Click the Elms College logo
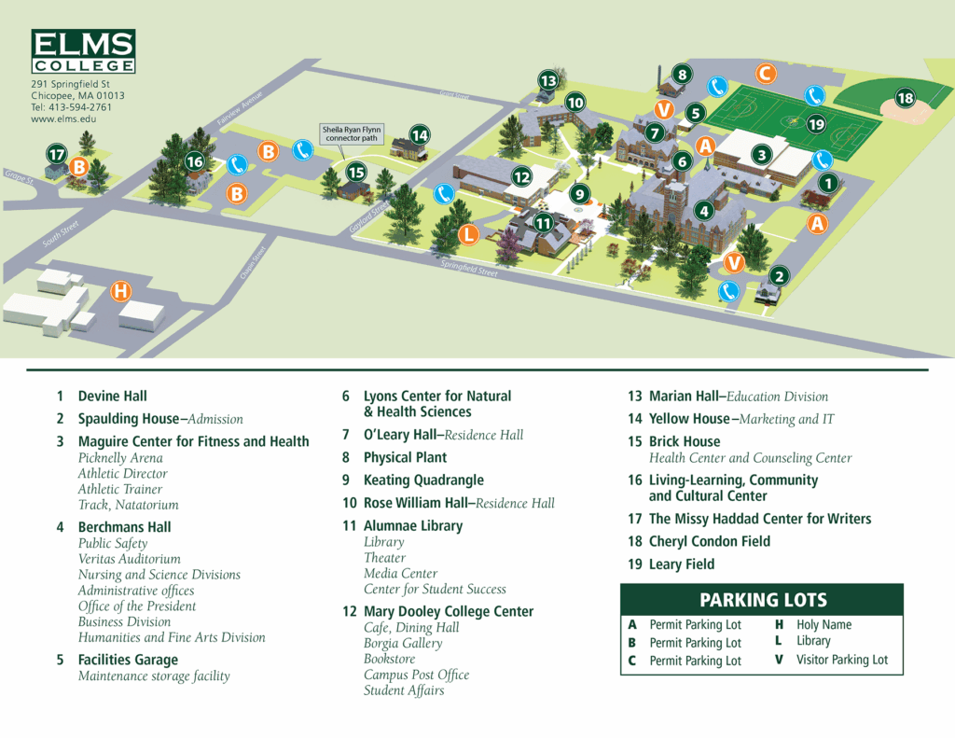tap(83, 51)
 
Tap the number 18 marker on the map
tap(905, 98)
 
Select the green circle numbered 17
tap(57, 154)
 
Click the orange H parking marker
tap(120, 291)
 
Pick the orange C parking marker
tap(765, 73)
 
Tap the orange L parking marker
tap(468, 234)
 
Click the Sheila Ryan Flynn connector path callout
tap(353, 133)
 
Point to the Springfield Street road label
tap(469, 269)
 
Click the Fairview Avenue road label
tap(241, 110)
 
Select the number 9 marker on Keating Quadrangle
tap(580, 194)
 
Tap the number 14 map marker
tap(420, 135)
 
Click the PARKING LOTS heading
tap(763, 600)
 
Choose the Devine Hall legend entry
tap(112, 397)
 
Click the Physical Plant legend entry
tap(405, 457)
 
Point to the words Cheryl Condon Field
tap(709, 541)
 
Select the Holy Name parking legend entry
tap(824, 625)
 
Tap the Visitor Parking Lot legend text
tap(841, 660)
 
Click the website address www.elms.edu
tap(63, 119)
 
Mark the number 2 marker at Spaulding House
tap(780, 275)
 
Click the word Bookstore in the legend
tap(389, 659)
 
